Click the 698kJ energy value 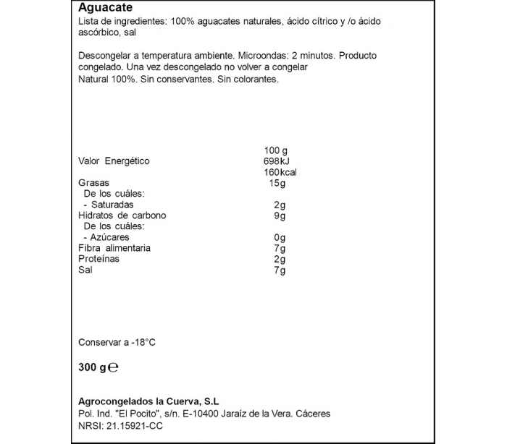point(277,161)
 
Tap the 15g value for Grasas point(277,183)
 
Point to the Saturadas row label point(112,205)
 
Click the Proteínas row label point(99,259)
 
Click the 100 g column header point(276,150)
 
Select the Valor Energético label point(114,161)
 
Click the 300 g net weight point(92,367)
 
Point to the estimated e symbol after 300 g point(113,367)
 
